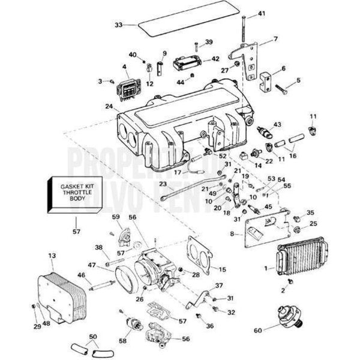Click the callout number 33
118,25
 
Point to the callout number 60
257,330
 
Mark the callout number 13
52,256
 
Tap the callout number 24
109,107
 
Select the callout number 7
275,39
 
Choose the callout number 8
232,233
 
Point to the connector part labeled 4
131,84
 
